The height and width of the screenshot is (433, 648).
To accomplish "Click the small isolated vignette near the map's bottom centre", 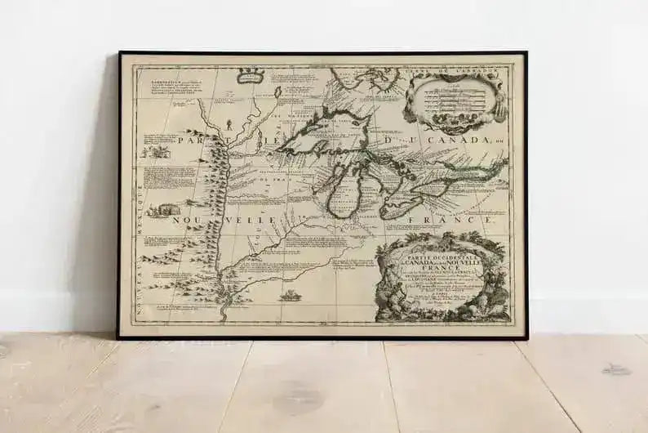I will pos(289,296).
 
